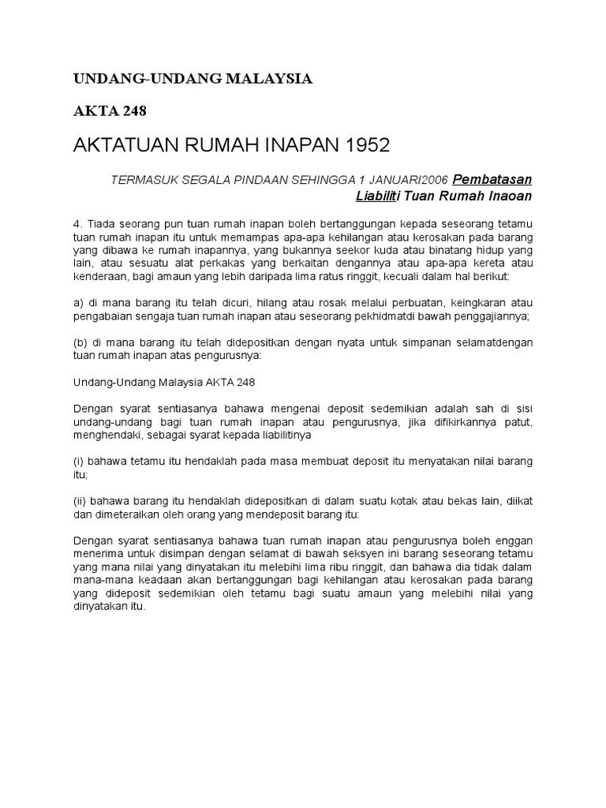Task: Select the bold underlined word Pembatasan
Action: (493, 179)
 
